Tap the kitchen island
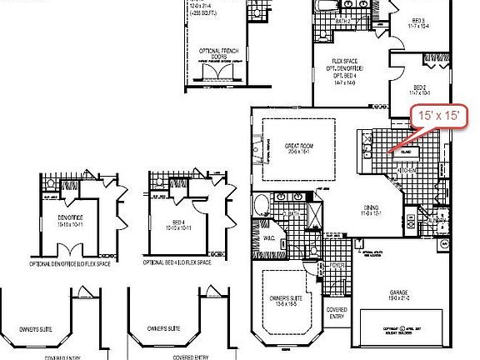pos(407,153)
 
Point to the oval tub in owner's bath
pos(259,204)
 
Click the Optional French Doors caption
pos(219,54)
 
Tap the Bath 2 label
pos(342,22)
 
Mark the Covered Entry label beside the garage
pos(337,312)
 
